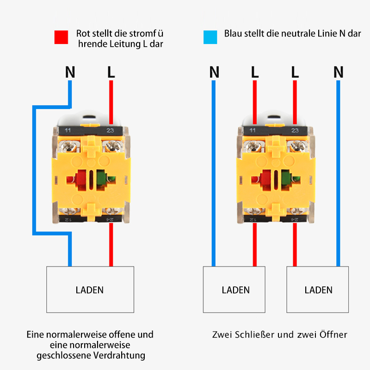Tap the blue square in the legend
pos(210,37)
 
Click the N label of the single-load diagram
pos(70,72)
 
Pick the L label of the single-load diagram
pos(111,72)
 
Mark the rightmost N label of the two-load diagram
pos(339,72)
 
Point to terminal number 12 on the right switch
pos(253,219)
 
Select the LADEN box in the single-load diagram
pos(90,290)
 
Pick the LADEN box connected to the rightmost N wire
pos(318,290)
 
